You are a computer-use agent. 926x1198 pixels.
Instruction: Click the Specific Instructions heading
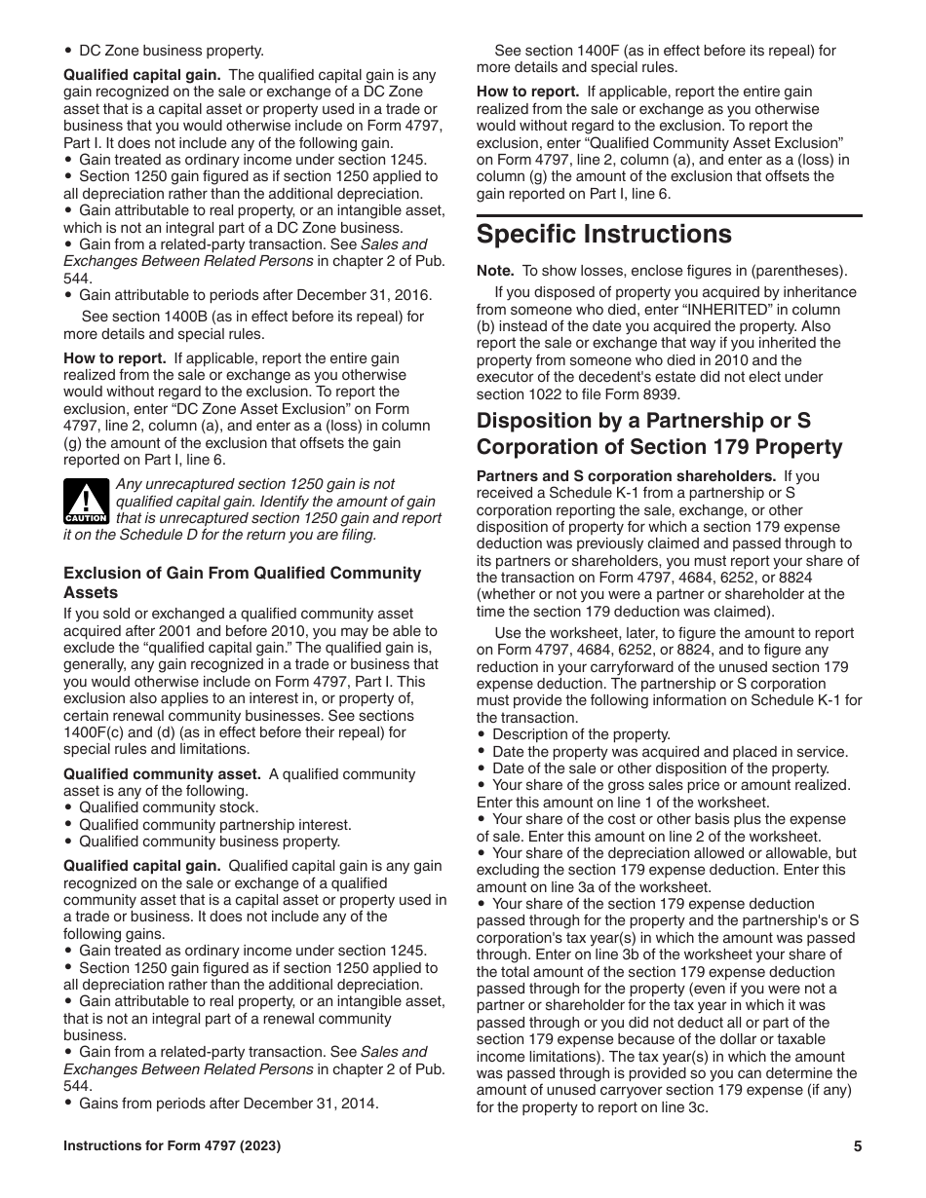603,235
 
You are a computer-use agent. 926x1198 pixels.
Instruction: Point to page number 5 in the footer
858,1146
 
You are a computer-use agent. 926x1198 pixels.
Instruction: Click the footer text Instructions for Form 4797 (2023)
173,1146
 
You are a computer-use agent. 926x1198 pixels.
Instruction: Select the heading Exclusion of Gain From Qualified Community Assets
242,582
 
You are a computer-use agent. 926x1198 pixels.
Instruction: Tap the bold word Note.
494,271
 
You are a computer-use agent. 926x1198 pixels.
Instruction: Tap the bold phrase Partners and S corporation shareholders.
626,476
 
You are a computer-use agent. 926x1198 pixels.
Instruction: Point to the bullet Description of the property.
581,734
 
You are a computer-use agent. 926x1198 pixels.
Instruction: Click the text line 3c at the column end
687,1107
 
